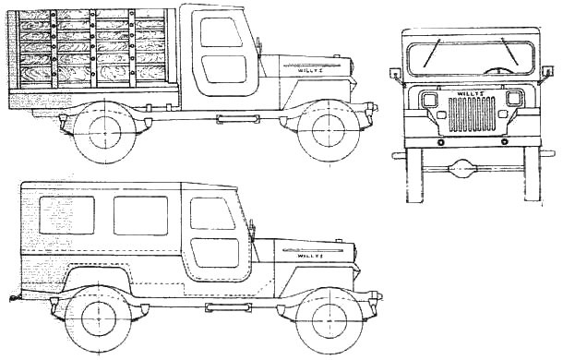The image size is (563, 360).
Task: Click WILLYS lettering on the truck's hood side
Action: click(x=310, y=70)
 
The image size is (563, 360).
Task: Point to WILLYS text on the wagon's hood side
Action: click(x=310, y=257)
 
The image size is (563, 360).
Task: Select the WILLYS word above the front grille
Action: click(x=471, y=94)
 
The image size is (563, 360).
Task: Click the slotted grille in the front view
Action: click(x=472, y=114)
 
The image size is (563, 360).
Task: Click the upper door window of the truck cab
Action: click(x=221, y=33)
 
